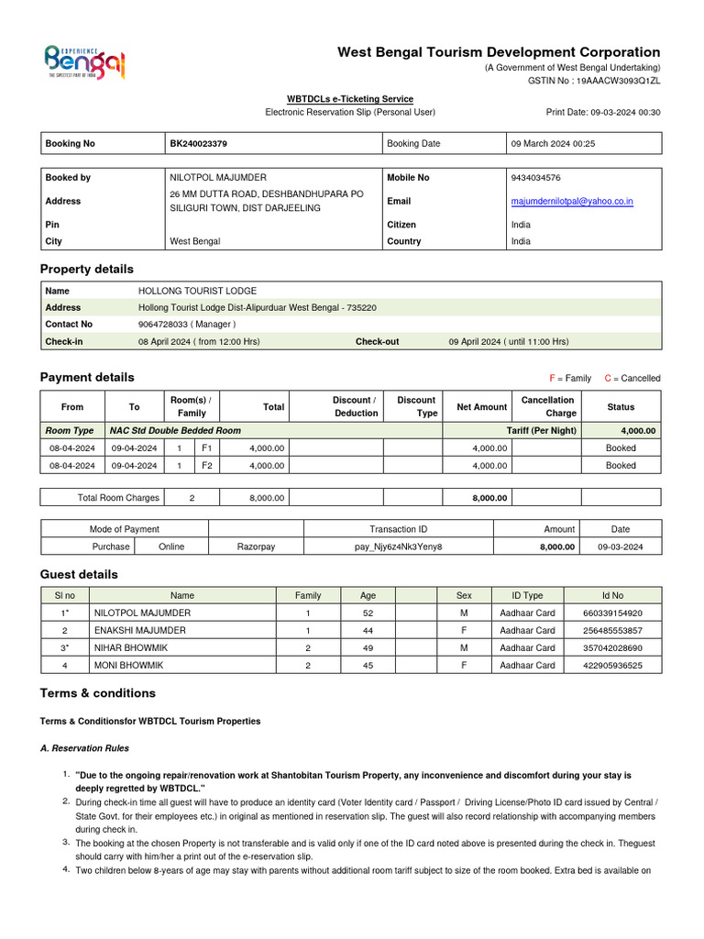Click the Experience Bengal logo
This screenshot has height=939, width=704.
[84, 62]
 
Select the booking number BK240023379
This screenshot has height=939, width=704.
[199, 144]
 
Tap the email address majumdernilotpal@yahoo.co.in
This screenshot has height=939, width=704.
[572, 201]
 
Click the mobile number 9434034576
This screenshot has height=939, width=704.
[536, 178]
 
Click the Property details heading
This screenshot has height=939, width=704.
[87, 269]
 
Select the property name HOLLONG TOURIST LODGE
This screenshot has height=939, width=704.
[197, 291]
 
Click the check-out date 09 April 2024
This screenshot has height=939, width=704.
[508, 341]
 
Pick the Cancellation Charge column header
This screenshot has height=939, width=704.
[547, 406]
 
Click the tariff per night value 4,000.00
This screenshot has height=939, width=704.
[637, 430]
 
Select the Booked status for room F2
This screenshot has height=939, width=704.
[621, 465]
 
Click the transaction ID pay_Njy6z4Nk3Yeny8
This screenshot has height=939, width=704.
[398, 547]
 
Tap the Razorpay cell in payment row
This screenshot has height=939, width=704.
[256, 547]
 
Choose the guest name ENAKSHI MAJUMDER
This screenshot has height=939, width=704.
[139, 630]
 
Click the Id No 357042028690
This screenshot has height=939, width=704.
[612, 647]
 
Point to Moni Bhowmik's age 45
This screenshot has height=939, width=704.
[367, 665]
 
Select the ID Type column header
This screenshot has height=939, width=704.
[527, 595]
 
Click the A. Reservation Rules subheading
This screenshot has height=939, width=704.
[84, 748]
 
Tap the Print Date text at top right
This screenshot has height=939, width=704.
[602, 112]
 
